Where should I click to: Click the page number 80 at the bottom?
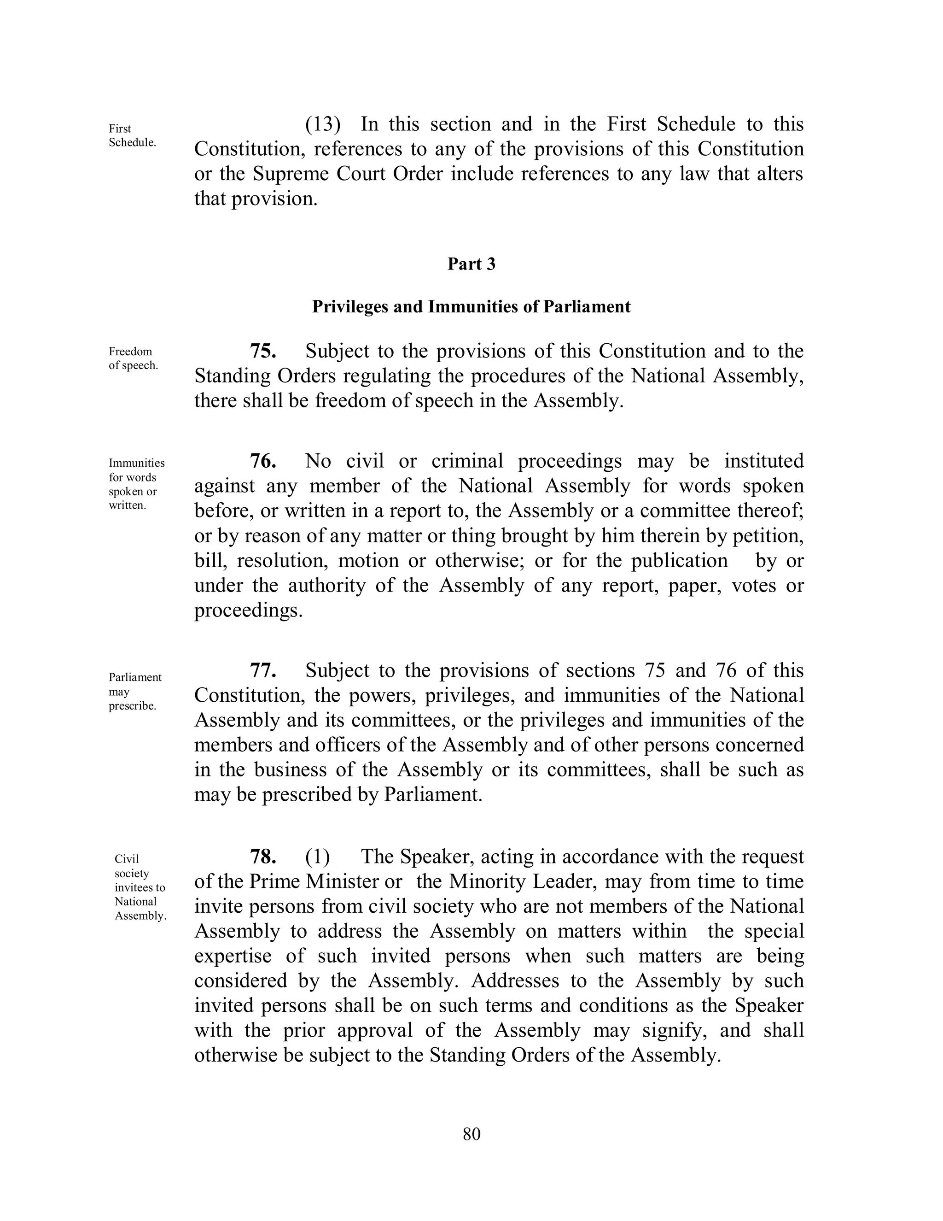click(x=471, y=1134)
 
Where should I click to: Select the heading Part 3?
click(x=471, y=264)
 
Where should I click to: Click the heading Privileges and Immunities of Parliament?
click(x=471, y=306)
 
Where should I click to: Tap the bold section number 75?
click(x=263, y=351)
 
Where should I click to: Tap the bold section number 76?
click(x=263, y=461)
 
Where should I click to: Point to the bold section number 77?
click(x=263, y=670)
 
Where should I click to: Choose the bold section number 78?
click(x=263, y=857)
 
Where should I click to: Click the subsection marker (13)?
click(x=323, y=124)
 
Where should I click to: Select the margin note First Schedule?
click(x=132, y=135)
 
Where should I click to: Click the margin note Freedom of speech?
click(x=133, y=358)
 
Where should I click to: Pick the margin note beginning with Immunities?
click(x=136, y=484)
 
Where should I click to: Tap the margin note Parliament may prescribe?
click(x=134, y=692)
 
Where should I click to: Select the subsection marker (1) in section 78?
click(x=317, y=857)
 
